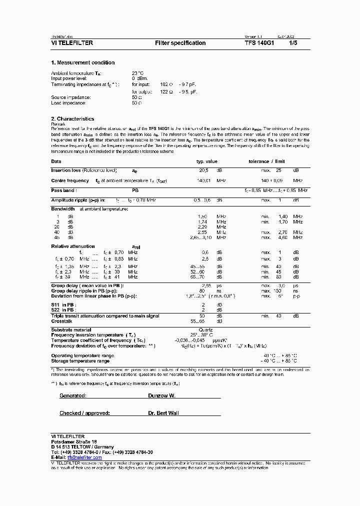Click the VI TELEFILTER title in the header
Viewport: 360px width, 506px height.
[x=72, y=43]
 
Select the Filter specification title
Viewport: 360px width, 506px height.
[x=180, y=43]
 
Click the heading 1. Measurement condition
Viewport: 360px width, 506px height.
[x=83, y=62]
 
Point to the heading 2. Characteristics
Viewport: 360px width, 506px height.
[x=72, y=119]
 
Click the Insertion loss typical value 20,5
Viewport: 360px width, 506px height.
[x=203, y=170]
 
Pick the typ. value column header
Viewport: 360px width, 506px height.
[x=206, y=161]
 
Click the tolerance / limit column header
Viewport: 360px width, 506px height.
[x=266, y=161]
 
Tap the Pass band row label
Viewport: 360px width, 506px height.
[x=63, y=190]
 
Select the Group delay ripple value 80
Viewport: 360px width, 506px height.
[x=202, y=290]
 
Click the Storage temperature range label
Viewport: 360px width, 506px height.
[x=80, y=360]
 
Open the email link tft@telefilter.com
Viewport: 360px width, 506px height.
[x=84, y=457]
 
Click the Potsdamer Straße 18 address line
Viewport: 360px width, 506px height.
[x=74, y=442]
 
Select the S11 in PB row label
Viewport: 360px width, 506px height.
[x=63, y=304]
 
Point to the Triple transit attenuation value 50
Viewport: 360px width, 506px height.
[x=202, y=316]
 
